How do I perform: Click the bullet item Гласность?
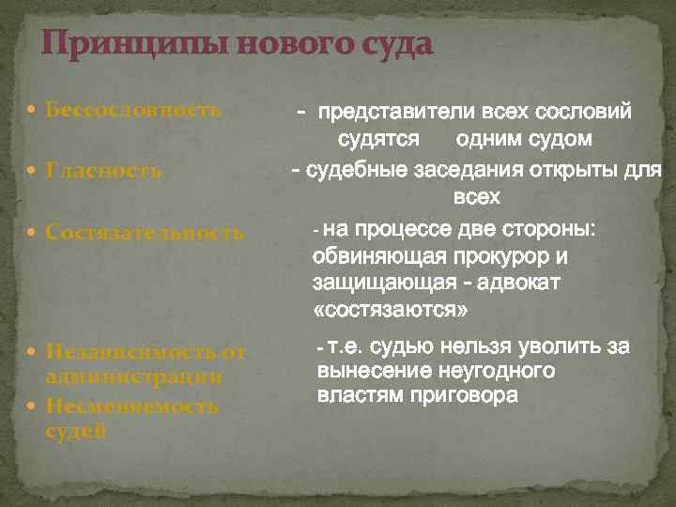point(103,171)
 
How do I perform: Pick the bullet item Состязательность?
point(145,232)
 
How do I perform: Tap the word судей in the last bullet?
point(75,431)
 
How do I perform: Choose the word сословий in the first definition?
point(582,113)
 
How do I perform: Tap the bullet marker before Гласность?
point(34,171)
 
